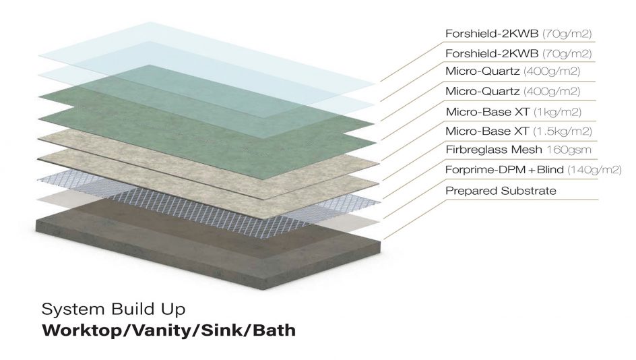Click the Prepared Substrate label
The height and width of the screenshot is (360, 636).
coord(501,191)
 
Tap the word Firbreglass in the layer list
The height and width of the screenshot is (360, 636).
coord(471,150)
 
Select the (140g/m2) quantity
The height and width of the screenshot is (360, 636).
coord(594,170)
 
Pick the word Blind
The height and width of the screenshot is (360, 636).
coord(546,170)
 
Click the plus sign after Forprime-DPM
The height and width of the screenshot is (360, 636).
coord(523,170)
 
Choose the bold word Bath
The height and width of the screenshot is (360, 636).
coord(272,332)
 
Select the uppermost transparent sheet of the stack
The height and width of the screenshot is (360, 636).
coord(202,51)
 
